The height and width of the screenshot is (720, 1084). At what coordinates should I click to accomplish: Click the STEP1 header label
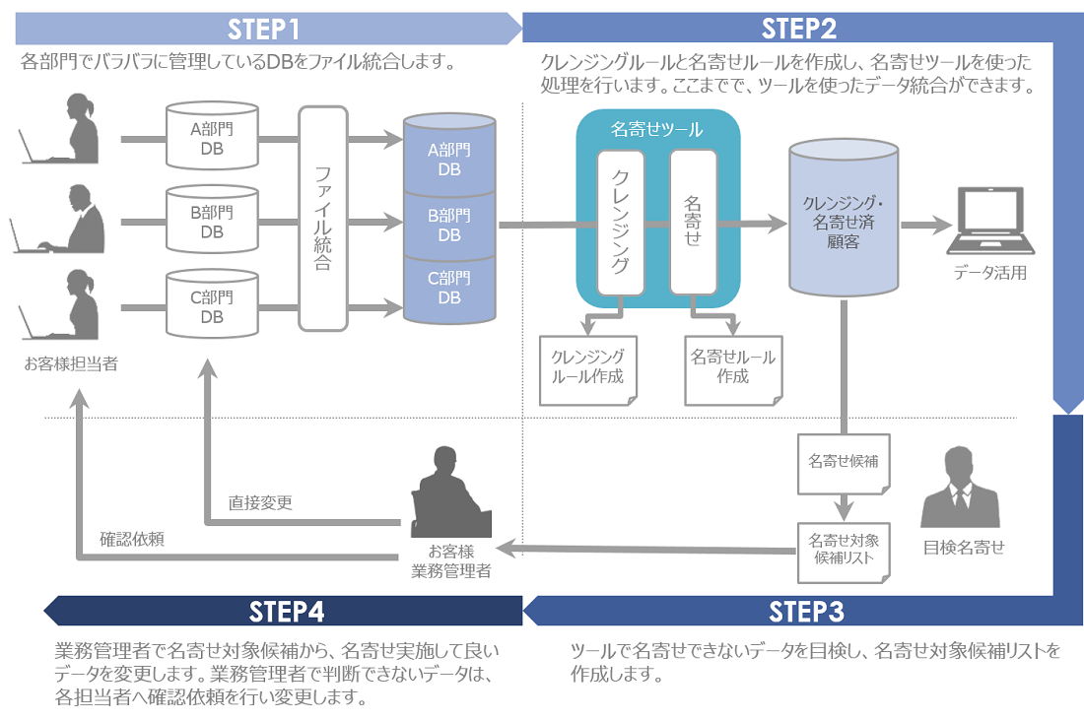click(263, 28)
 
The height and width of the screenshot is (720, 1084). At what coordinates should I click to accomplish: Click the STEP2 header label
click(799, 28)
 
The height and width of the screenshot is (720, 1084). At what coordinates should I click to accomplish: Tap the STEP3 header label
click(806, 612)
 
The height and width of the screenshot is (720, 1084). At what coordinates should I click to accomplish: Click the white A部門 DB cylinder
click(212, 137)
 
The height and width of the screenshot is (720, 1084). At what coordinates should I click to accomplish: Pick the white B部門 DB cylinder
click(212, 222)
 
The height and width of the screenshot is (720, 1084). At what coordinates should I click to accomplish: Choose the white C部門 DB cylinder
click(212, 306)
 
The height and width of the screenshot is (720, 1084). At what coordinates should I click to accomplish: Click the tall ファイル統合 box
click(323, 219)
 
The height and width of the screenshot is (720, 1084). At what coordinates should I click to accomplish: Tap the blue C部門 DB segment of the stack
click(449, 289)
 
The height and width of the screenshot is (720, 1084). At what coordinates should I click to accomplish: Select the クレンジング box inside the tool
click(621, 223)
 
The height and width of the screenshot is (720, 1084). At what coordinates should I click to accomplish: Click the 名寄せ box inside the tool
click(693, 223)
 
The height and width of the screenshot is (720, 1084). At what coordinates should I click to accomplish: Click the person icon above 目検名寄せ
click(962, 488)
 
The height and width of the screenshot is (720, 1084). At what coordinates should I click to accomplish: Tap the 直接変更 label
click(260, 502)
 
